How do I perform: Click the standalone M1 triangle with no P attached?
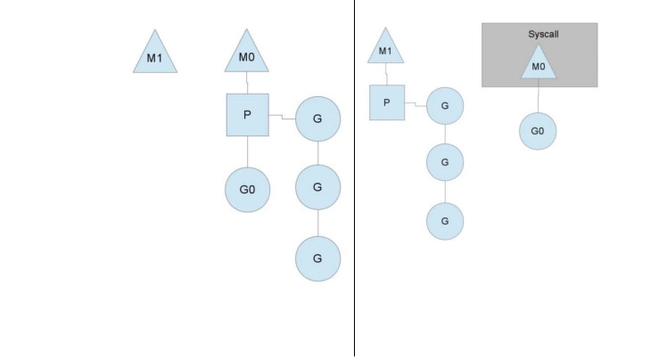pos(155,55)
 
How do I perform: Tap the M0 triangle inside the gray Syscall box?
pos(538,64)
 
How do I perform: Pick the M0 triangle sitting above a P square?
pos(247,55)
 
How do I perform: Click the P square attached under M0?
pos(247,115)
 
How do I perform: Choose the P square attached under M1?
pos(387,102)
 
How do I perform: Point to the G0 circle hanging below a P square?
pos(247,190)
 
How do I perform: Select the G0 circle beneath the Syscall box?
pos(538,131)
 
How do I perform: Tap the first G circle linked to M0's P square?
pos(317,119)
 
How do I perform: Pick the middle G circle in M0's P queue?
pos(317,187)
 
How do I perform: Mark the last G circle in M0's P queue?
pos(317,258)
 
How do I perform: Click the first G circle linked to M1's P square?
pos(445,107)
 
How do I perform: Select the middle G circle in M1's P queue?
pos(445,162)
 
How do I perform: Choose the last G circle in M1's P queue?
pos(445,220)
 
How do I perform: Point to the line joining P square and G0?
pos(247,151)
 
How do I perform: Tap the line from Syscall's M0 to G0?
pos(538,99)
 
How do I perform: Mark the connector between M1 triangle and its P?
pos(386,74)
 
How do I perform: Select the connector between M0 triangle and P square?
pos(247,83)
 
